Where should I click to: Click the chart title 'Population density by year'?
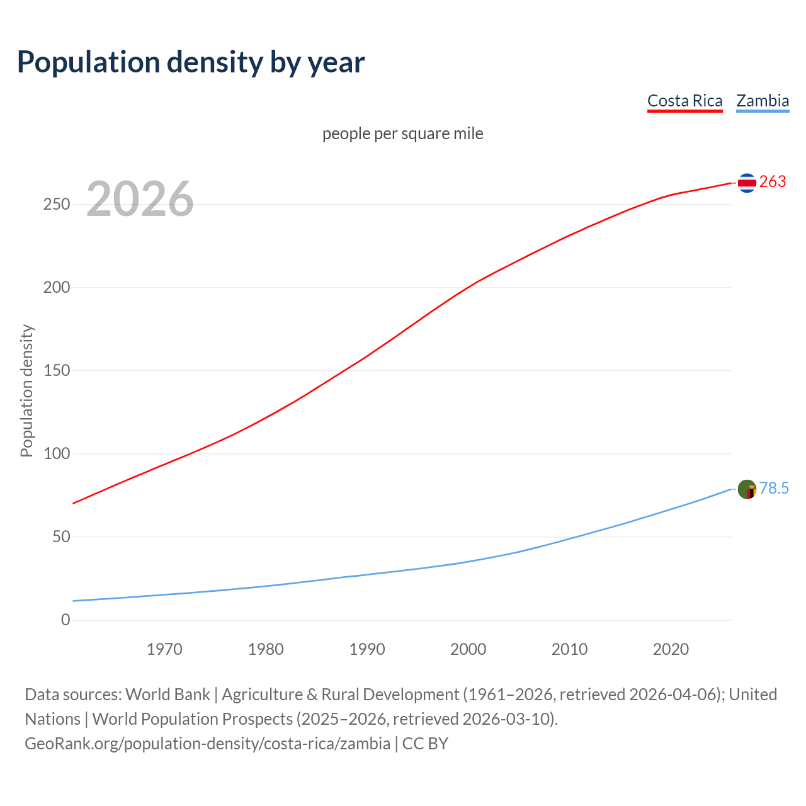click(x=191, y=62)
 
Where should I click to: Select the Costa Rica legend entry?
click(x=684, y=101)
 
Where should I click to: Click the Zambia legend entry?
click(x=763, y=101)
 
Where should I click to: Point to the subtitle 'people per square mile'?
click(x=403, y=133)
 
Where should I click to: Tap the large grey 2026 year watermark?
click(x=140, y=199)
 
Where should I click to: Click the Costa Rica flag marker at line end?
click(x=747, y=183)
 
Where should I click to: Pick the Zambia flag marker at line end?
click(x=747, y=489)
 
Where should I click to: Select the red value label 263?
click(x=773, y=182)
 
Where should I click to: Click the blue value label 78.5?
click(x=774, y=489)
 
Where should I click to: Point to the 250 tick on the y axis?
click(x=57, y=205)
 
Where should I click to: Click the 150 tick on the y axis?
click(x=57, y=371)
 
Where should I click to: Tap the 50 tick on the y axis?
click(x=60, y=537)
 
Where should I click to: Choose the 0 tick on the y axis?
click(x=65, y=620)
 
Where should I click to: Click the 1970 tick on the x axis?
click(x=164, y=649)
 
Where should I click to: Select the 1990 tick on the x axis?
click(x=367, y=649)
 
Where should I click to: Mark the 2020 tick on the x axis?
click(x=671, y=649)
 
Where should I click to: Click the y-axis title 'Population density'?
click(x=26, y=390)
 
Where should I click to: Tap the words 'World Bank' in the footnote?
click(x=167, y=695)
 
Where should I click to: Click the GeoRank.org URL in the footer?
click(x=207, y=744)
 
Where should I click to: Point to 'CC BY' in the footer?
click(x=425, y=744)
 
